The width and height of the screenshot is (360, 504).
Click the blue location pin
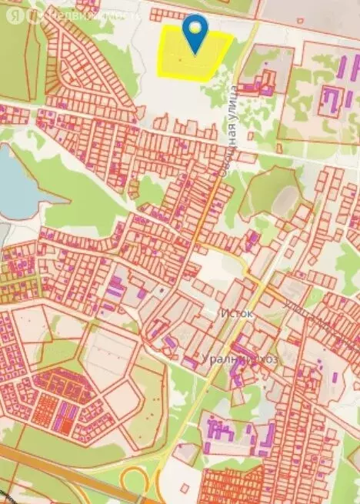196,35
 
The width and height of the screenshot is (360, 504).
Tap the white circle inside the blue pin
196,28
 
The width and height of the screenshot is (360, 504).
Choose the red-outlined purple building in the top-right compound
332,98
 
